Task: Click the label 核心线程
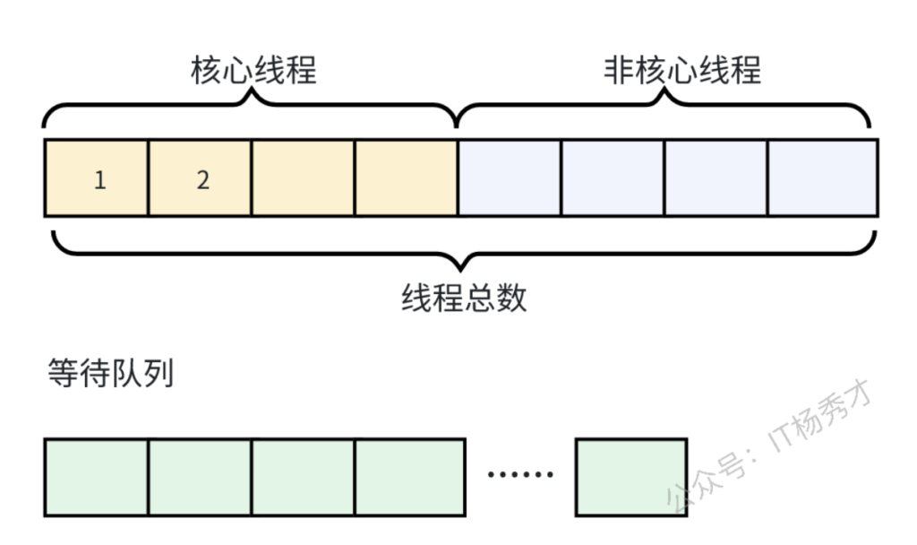pyautogui.click(x=253, y=70)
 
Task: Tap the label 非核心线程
pyautogui.click(x=681, y=70)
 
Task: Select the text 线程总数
pyautogui.click(x=464, y=298)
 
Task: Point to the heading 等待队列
pyautogui.click(x=110, y=373)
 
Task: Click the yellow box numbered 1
pyautogui.click(x=97, y=178)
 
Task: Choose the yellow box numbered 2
pyautogui.click(x=200, y=178)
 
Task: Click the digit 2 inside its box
pyautogui.click(x=202, y=179)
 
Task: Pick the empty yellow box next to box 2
pyautogui.click(x=303, y=178)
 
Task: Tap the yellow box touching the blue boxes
pyautogui.click(x=406, y=178)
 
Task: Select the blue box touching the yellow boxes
pyautogui.click(x=510, y=178)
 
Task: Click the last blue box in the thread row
pyautogui.click(x=823, y=178)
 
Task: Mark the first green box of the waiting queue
pyautogui.click(x=97, y=477)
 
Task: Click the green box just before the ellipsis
pyautogui.click(x=410, y=477)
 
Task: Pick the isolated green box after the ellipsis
pyautogui.click(x=631, y=477)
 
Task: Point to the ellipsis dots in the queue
pyautogui.click(x=520, y=474)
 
